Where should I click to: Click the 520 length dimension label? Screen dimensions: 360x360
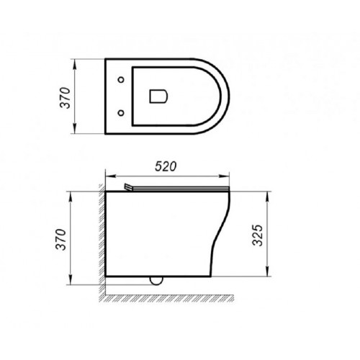[166, 166]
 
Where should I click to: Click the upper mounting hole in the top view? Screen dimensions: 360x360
[120, 78]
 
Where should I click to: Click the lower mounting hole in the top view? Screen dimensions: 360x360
[120, 112]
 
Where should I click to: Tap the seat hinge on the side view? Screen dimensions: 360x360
[129, 187]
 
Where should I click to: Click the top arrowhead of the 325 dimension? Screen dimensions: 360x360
[268, 194]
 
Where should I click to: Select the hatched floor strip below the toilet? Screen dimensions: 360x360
[173, 296]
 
